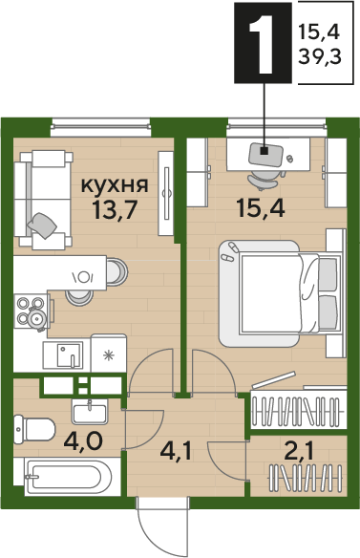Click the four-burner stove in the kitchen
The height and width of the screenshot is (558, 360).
coord(30,313)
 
